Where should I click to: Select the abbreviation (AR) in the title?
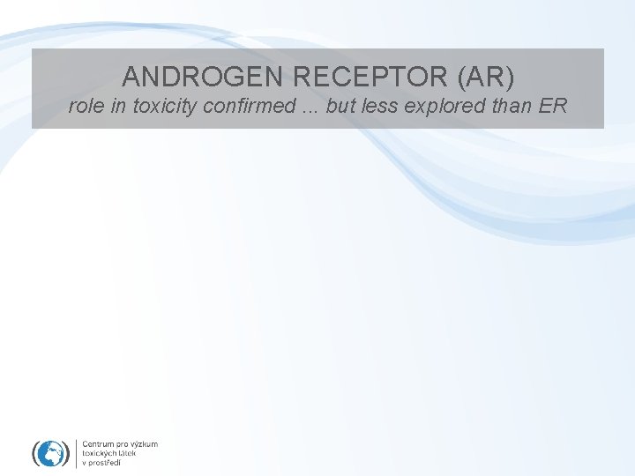tap(484, 77)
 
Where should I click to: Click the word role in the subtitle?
tap(85, 108)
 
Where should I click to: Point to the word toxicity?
tap(162, 108)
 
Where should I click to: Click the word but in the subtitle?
tap(340, 108)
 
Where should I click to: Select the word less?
tap(381, 108)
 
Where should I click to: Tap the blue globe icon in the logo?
tap(50, 453)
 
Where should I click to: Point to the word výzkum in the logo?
tap(144, 443)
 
